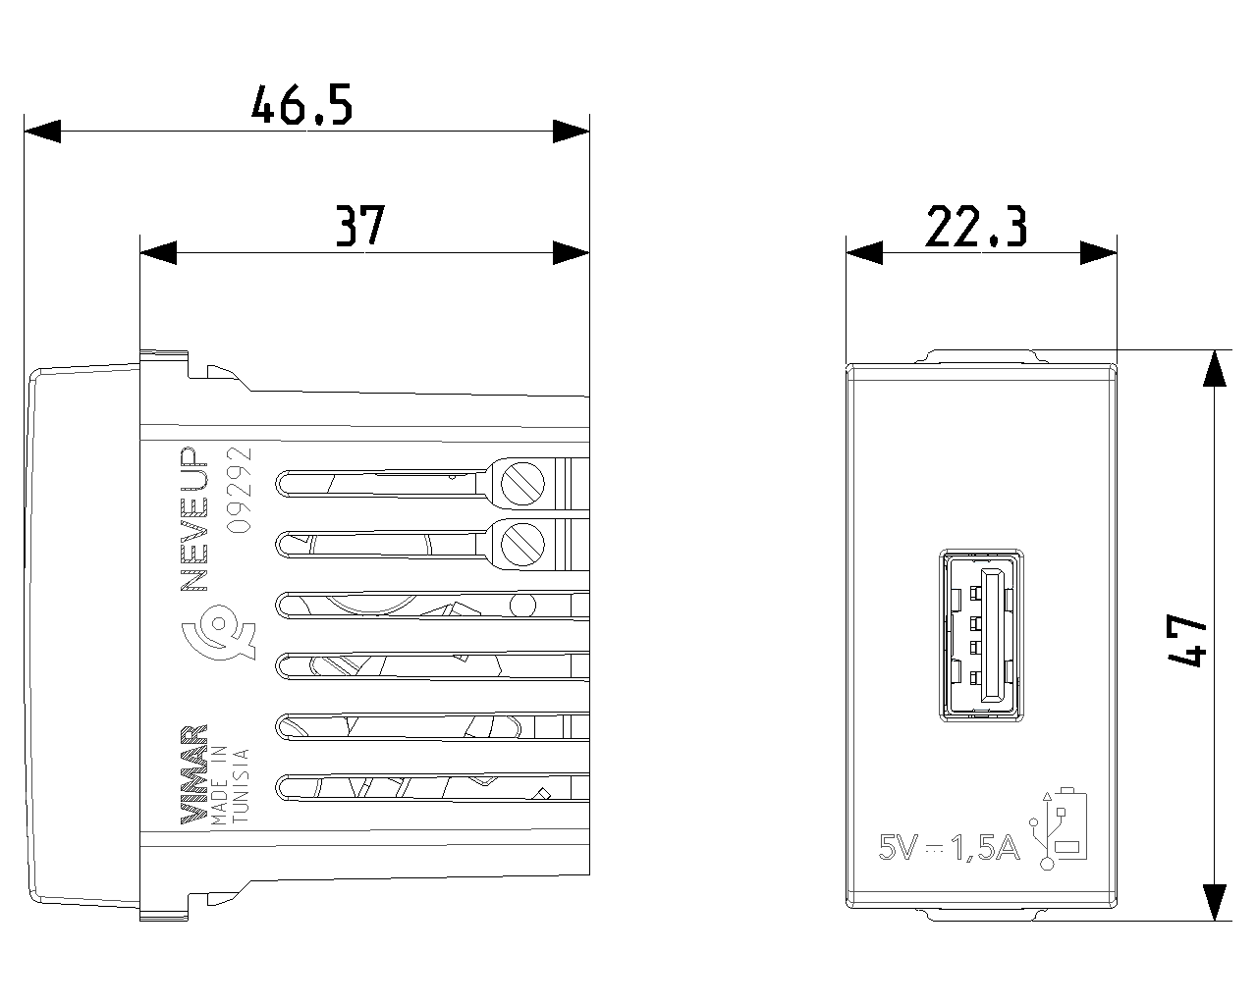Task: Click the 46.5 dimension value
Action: click(x=301, y=105)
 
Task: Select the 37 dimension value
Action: click(x=359, y=226)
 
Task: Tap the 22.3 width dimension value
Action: click(x=976, y=226)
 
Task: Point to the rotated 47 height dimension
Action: click(x=1187, y=640)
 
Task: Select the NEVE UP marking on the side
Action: click(x=194, y=519)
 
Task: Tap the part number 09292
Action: click(x=239, y=490)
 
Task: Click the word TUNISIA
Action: click(x=241, y=785)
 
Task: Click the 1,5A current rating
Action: click(x=985, y=848)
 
